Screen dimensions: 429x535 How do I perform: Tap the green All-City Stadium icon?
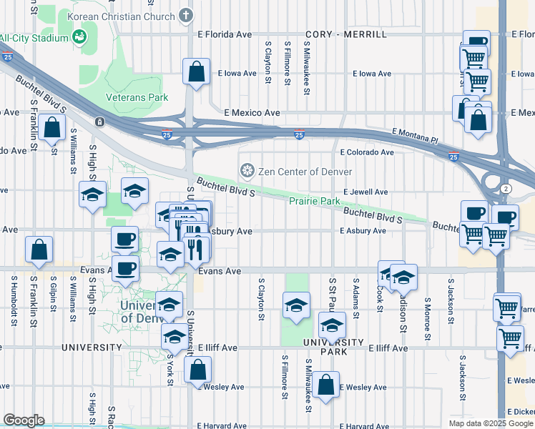click(79, 37)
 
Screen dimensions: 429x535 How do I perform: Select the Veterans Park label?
click(137, 97)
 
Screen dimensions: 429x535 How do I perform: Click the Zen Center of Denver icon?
click(247, 171)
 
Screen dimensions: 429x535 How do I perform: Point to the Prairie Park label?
click(314, 202)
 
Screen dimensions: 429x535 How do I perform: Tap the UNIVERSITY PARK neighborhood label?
click(333, 347)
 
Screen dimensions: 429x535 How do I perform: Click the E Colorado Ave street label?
click(367, 152)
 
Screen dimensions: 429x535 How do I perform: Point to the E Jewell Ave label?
click(365, 192)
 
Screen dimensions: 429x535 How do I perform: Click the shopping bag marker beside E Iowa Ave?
click(196, 72)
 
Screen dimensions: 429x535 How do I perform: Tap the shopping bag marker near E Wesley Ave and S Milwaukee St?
click(325, 385)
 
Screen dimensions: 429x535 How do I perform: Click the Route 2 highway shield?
click(506, 187)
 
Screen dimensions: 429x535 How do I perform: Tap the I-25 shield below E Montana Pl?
click(453, 157)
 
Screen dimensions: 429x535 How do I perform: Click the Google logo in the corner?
click(24, 420)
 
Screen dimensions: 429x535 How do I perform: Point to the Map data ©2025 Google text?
click(491, 423)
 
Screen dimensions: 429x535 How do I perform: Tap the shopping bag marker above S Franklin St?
click(39, 250)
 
